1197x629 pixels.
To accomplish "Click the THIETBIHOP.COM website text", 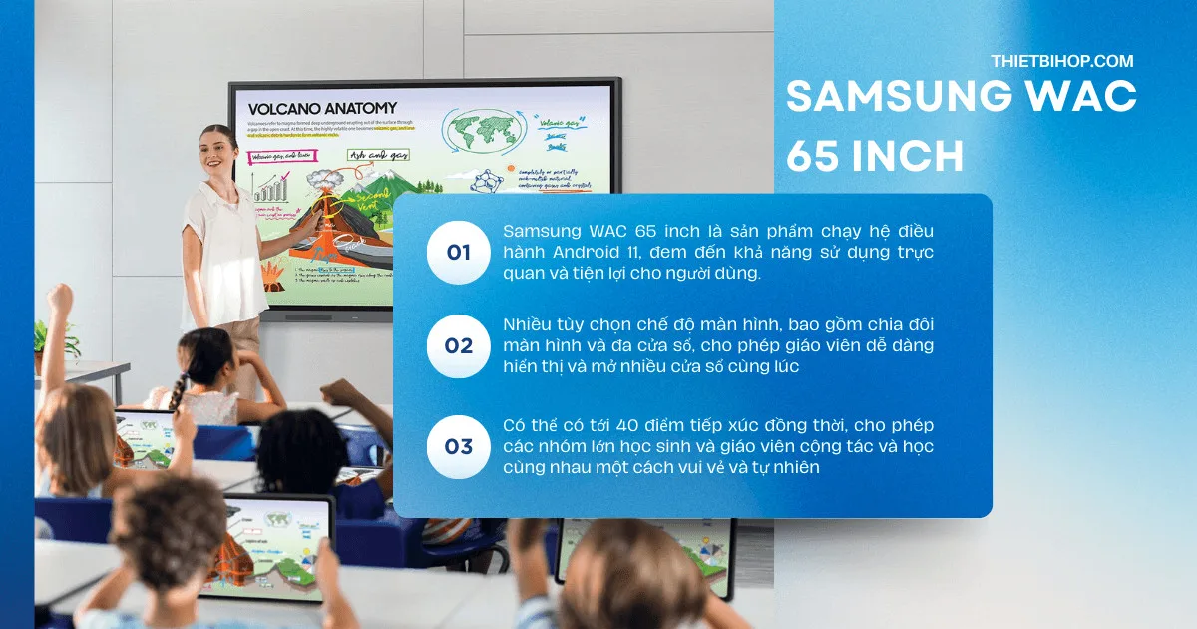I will tap(1061, 61).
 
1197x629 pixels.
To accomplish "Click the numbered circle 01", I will tap(458, 253).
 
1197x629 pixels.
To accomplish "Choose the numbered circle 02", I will tap(458, 346).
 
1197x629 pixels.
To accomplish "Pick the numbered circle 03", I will tap(458, 446).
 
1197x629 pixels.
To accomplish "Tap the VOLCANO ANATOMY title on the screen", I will tap(322, 108).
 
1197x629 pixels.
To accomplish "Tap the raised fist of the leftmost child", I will tap(61, 298).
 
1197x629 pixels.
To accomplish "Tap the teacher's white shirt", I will tap(222, 250).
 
